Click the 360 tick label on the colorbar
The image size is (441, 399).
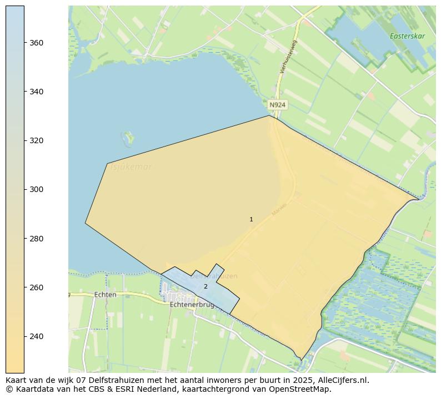[37, 43]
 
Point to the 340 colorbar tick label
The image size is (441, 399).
[37, 92]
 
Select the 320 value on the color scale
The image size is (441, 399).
[37, 140]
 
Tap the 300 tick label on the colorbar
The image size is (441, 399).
[37, 189]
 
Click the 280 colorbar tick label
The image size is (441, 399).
[37, 239]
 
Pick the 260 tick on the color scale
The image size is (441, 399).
[37, 287]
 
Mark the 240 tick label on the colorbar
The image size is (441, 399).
[37, 336]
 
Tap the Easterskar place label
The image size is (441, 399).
[407, 36]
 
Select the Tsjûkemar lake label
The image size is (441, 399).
[131, 167]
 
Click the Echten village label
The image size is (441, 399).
[106, 295]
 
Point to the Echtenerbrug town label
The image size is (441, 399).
[192, 305]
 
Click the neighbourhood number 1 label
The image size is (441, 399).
[251, 220]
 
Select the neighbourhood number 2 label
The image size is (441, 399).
[206, 286]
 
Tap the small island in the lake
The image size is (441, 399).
[128, 136]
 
